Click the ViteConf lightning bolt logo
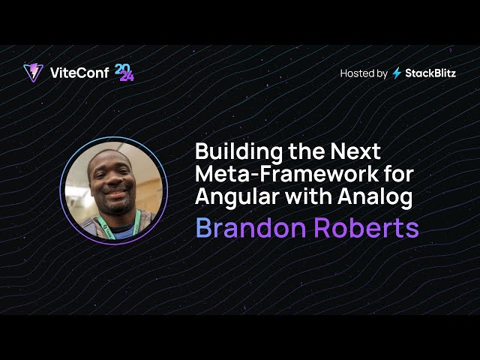(x=33, y=73)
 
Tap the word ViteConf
(x=79, y=73)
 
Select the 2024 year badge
(x=124, y=72)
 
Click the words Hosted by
(x=364, y=73)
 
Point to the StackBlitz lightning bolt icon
(x=397, y=73)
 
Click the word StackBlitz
(x=430, y=73)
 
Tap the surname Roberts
(x=368, y=228)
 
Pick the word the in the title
(x=301, y=151)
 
